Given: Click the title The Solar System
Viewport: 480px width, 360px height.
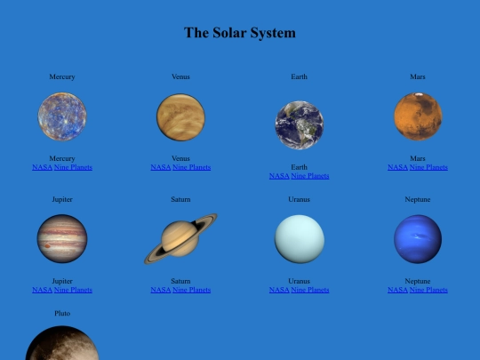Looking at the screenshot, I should tap(240, 33).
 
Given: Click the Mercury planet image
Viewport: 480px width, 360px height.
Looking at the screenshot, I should tap(62, 116).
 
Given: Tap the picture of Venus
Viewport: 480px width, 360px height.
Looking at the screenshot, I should tap(180, 117).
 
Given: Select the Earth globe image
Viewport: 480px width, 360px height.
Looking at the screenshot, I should tap(299, 124).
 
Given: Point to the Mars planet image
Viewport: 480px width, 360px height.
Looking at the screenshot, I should tap(418, 116).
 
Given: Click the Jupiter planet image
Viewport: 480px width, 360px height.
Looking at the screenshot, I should tap(62, 238).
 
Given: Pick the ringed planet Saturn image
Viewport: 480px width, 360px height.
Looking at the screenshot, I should tap(180, 238).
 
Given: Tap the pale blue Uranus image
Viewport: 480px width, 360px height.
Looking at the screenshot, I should tap(299, 238).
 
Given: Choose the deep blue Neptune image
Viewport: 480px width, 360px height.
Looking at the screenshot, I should tap(418, 238).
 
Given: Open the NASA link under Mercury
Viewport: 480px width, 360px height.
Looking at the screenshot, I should tap(42, 167).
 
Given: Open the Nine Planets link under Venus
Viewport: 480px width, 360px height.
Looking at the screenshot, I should tap(191, 167).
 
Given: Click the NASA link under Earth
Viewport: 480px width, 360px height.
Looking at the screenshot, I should tap(279, 176).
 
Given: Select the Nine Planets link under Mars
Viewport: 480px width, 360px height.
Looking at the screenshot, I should tap(428, 167).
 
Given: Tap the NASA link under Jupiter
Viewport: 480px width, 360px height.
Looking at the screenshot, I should tap(42, 290).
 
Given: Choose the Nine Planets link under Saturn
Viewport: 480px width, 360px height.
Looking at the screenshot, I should tap(191, 290).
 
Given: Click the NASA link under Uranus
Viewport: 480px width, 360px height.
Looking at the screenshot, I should tap(279, 290).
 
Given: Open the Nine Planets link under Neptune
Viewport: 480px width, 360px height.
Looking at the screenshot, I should tap(428, 290).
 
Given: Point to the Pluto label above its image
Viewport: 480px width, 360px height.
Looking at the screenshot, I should tap(62, 314).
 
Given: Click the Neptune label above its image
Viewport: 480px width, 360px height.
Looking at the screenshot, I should tap(418, 199).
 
